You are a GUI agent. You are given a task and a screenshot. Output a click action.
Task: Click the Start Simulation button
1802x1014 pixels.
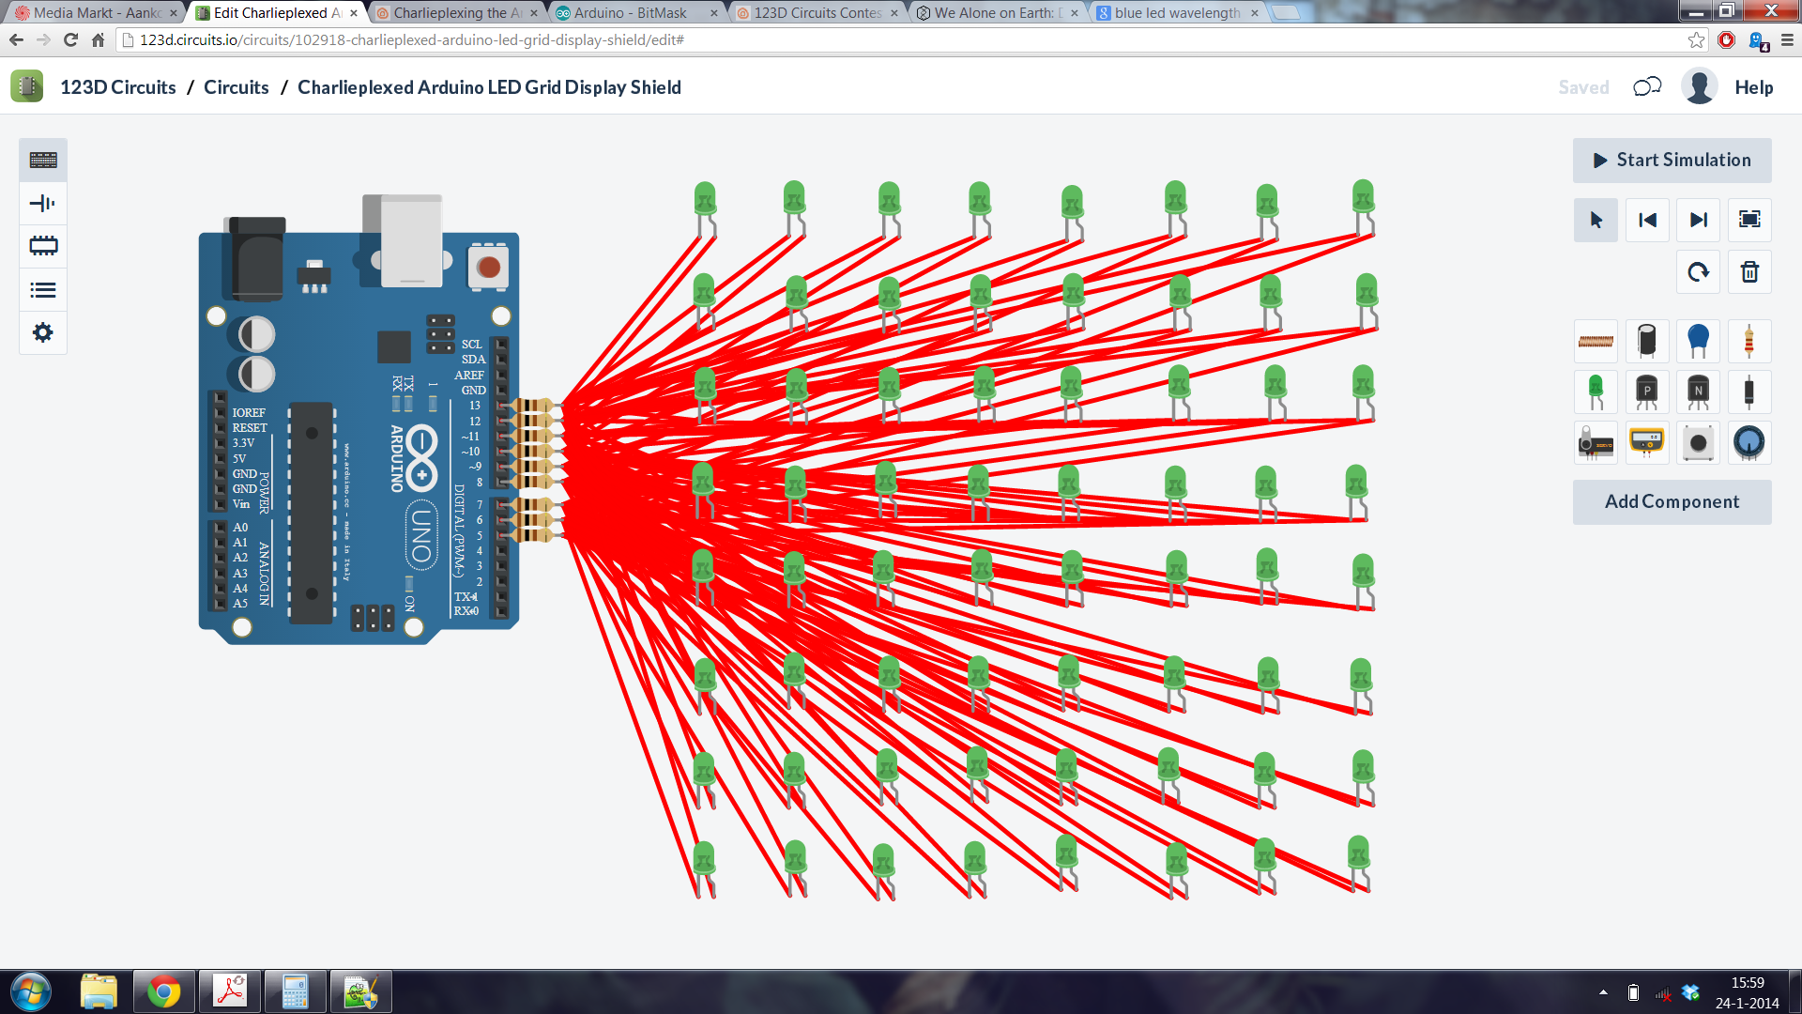coord(1672,161)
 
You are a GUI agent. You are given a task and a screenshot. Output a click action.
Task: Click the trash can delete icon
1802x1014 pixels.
coord(1749,272)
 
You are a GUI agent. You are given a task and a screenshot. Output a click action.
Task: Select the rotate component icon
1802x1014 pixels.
coord(1698,272)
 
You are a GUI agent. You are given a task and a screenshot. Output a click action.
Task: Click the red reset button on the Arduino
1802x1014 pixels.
coord(488,267)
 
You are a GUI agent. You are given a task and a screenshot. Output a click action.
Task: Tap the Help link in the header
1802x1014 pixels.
coord(1753,87)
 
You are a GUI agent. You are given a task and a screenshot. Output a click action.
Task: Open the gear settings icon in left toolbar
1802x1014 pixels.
coord(43,332)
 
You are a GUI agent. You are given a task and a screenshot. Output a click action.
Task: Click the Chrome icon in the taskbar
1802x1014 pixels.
coord(163,991)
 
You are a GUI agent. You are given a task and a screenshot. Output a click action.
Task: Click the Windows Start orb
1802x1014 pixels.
coord(31,991)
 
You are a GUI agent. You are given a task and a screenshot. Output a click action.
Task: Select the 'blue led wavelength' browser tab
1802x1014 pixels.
coord(1177,13)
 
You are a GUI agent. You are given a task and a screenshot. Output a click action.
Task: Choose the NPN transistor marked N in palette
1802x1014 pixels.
coord(1698,391)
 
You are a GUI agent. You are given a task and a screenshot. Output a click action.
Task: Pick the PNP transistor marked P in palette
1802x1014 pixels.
coord(1646,391)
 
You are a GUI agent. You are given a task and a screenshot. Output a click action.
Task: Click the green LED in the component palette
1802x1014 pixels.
coord(1596,391)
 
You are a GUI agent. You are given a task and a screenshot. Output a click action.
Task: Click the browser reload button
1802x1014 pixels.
coord(70,40)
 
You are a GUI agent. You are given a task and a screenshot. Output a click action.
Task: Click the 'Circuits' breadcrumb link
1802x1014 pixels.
coord(237,87)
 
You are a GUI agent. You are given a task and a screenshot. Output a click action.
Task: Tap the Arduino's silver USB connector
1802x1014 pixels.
coord(410,239)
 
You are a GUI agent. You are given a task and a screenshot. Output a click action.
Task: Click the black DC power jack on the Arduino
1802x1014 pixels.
coord(255,258)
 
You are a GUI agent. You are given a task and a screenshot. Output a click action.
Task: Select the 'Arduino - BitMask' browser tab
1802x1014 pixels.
coord(631,13)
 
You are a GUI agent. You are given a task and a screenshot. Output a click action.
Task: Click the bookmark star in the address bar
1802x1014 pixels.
coord(1696,40)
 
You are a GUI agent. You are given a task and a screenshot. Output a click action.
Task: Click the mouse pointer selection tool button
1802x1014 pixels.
coord(1596,220)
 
